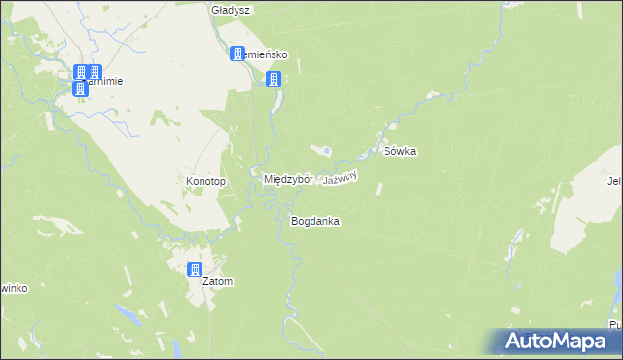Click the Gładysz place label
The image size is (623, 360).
point(232,10)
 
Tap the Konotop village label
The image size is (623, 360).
point(205,182)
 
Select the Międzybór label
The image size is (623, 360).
point(288,180)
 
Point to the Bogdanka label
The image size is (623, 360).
point(314,222)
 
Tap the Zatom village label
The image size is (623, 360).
point(218,282)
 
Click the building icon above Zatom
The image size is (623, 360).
point(195,269)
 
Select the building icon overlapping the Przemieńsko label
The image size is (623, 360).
point(237,54)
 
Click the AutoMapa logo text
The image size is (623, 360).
point(559,342)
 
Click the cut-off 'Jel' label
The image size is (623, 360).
point(614,180)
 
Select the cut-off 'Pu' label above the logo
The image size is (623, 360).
point(615,324)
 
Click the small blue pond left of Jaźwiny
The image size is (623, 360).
point(327,151)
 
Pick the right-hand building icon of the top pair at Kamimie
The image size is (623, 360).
point(95,72)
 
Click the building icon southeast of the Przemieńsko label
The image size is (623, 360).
point(275,79)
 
